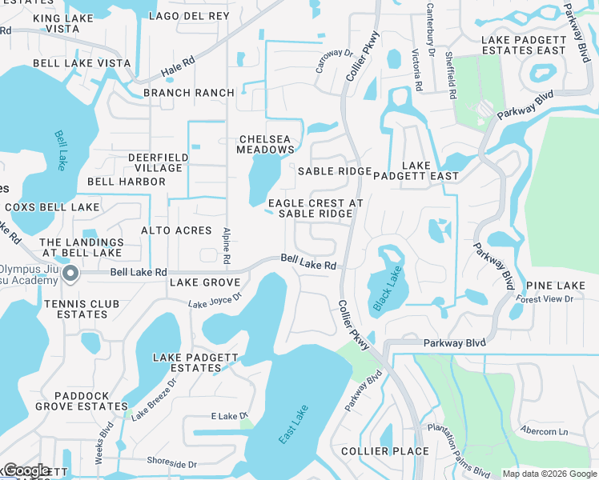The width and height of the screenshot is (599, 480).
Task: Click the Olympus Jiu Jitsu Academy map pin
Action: click(70, 274)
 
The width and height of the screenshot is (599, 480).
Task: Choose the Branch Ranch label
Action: click(189, 93)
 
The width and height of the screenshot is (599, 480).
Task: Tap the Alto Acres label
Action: click(176, 230)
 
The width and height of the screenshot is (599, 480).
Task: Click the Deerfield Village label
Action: click(155, 162)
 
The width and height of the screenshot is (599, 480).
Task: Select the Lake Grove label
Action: click(205, 283)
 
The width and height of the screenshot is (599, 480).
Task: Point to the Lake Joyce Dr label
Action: click(215, 301)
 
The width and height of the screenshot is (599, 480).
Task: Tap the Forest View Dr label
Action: click(545, 299)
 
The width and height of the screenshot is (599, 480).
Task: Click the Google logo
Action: click(27, 470)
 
